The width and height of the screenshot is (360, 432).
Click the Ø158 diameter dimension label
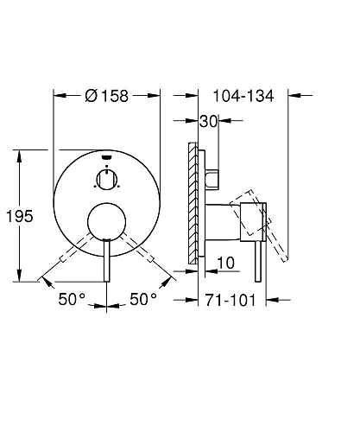(107, 96)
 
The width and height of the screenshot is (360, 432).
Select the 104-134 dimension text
(243, 96)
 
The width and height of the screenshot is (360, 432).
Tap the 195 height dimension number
(20, 216)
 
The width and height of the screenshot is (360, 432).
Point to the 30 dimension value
(209, 121)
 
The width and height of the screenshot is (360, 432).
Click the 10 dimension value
(225, 263)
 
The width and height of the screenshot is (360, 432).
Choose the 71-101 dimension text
(231, 301)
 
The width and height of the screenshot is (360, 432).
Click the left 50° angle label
(72, 299)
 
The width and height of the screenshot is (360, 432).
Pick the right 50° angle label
(143, 299)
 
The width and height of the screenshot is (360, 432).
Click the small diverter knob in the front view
(107, 180)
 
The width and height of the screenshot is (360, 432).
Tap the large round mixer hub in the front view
(107, 221)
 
